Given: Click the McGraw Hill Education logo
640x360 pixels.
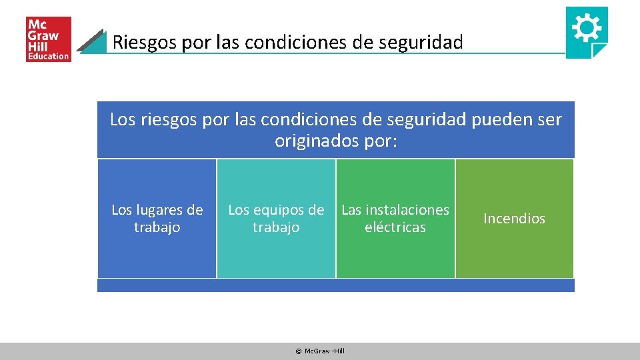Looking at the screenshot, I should click(x=48, y=39).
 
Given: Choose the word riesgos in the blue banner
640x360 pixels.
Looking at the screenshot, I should click(x=165, y=120).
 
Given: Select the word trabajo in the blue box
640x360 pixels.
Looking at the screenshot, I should click(x=157, y=227).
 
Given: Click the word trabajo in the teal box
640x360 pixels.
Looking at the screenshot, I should click(x=276, y=227).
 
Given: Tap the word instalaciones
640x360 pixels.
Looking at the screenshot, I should click(x=407, y=210).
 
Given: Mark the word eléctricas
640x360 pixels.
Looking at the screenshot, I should click(x=395, y=227).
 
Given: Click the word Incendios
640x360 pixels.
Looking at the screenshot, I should click(x=514, y=219).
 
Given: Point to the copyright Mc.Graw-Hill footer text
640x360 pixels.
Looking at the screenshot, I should click(x=320, y=351).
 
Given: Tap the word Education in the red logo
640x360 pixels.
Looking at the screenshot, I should click(x=48, y=57).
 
